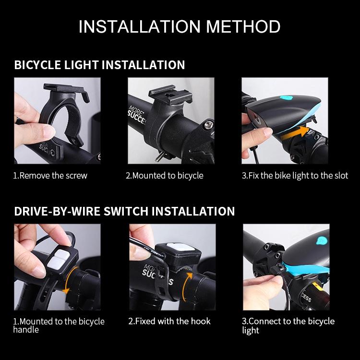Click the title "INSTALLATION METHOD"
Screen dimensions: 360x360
click(x=180, y=26)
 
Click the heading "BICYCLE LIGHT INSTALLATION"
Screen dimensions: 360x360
click(x=99, y=65)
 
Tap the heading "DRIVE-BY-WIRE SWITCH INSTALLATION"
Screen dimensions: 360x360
click(x=124, y=211)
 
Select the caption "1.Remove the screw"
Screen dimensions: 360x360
click(x=50, y=176)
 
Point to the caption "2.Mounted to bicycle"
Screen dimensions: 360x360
click(x=165, y=176)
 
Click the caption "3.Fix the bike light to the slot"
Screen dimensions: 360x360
click(x=295, y=176)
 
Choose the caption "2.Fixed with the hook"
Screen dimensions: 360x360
click(x=169, y=321)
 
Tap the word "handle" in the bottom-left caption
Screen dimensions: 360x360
click(x=26, y=330)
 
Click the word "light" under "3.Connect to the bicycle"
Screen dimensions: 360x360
click(x=251, y=330)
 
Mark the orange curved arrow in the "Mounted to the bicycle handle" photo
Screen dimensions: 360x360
click(x=69, y=281)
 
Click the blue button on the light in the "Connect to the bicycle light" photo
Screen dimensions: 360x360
click(x=322, y=240)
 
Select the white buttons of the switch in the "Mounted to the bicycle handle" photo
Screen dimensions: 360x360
click(x=58, y=258)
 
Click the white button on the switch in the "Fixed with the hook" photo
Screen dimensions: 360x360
click(x=180, y=247)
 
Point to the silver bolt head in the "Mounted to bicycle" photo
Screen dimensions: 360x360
click(x=208, y=124)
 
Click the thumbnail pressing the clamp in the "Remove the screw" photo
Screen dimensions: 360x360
click(x=49, y=131)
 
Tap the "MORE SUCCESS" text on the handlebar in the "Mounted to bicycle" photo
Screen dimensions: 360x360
click(x=136, y=115)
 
